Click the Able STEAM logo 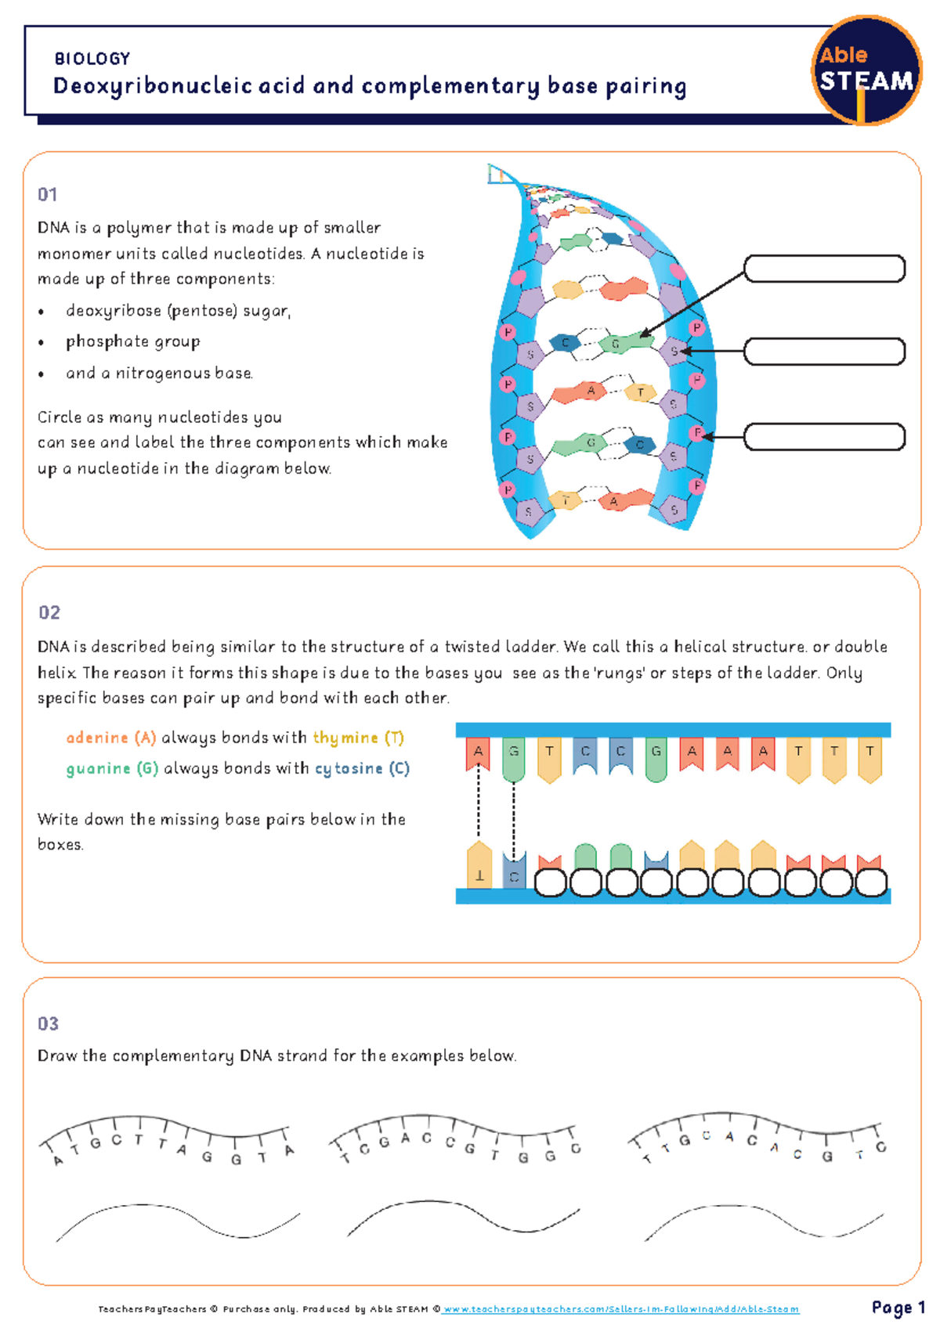[x=866, y=70]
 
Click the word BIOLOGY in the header [x=92, y=59]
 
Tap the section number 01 [x=47, y=194]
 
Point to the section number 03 [x=48, y=1023]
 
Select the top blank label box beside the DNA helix [x=824, y=269]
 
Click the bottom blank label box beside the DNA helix [x=824, y=437]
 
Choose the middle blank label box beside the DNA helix [x=824, y=352]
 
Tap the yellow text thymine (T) [x=358, y=738]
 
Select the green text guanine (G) [x=112, y=768]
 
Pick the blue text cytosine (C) [x=362, y=768]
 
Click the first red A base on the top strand [x=478, y=753]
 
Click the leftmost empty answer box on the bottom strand [x=550, y=882]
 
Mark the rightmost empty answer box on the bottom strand [x=871, y=882]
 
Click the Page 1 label [x=898, y=1308]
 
